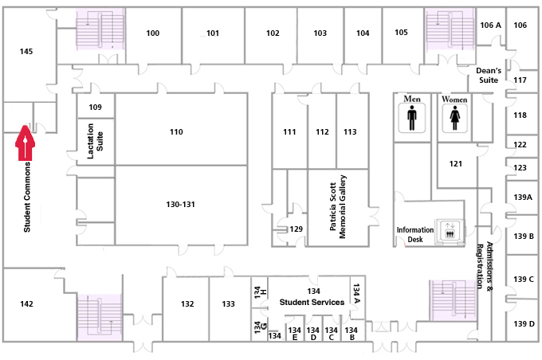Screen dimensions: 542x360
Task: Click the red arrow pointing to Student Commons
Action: (25, 143)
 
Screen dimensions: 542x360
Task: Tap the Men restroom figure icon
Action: (412, 118)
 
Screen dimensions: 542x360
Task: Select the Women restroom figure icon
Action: (454, 118)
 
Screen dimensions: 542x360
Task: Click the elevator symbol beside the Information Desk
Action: (450, 230)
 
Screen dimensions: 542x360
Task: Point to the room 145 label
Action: (26, 52)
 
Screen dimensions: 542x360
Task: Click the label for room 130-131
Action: (180, 205)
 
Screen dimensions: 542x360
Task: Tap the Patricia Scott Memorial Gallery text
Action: (338, 206)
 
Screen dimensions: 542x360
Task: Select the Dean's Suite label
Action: (489, 76)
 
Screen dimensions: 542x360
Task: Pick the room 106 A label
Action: (490, 25)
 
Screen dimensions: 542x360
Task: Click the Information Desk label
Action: (414, 235)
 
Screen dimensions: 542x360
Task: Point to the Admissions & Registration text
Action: (485, 265)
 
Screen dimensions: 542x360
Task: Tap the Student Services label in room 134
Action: (312, 303)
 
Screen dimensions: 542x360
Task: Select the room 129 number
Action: (297, 229)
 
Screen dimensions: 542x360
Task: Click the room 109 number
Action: (95, 107)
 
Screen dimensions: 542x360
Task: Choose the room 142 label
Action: (26, 304)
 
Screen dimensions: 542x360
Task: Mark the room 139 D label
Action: (524, 323)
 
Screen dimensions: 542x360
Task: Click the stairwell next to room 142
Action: (100, 317)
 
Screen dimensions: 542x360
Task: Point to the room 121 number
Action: (456, 164)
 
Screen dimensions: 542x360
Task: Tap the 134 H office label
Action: (260, 292)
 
